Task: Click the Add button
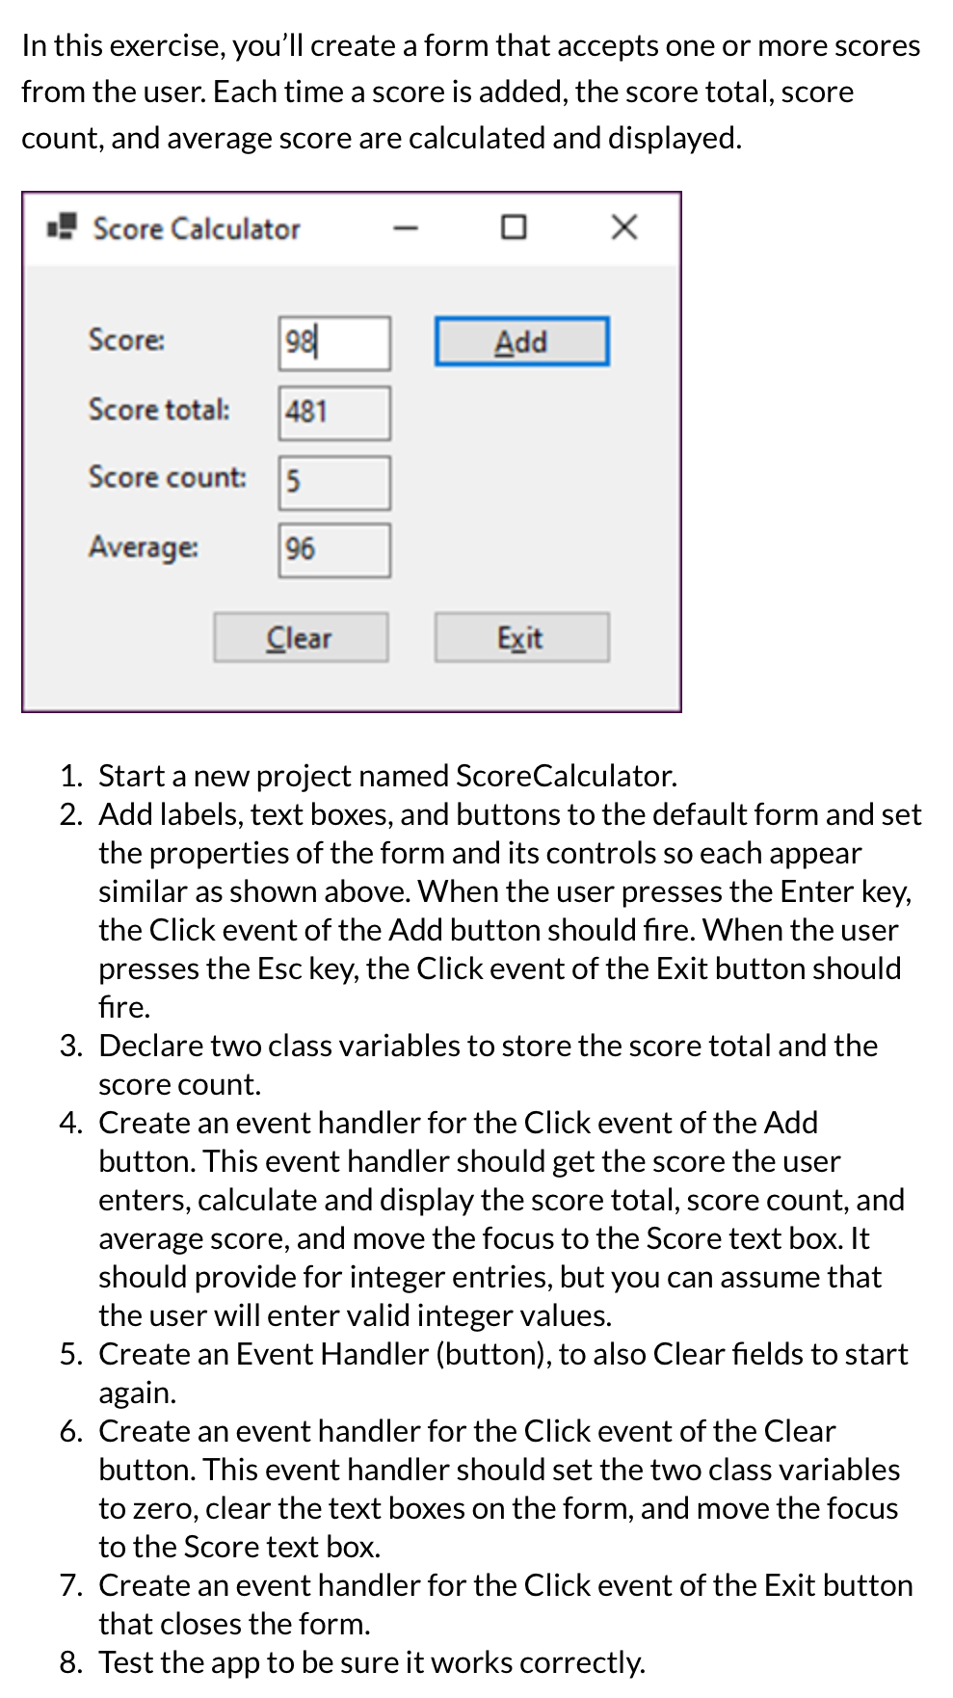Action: pos(521,342)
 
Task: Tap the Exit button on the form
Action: pos(521,638)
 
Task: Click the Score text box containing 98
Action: pos(334,343)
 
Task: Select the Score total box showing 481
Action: pos(334,412)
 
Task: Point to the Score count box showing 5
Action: pos(334,482)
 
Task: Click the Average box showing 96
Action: pos(334,550)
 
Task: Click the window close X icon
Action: pos(624,227)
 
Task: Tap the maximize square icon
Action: pos(514,227)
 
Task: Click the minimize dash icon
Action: pos(406,228)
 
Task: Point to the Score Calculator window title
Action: pos(197,229)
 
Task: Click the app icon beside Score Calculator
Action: pos(62,227)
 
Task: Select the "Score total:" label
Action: pos(159,410)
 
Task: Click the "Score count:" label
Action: pos(167,477)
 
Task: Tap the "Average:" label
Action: pos(144,547)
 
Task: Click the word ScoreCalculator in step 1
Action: pos(566,776)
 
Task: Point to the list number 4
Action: pos(70,1123)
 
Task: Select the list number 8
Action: pos(70,1662)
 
